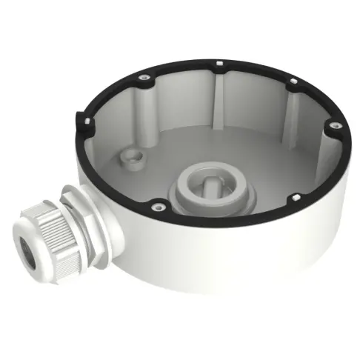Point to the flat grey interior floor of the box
point(252,159)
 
